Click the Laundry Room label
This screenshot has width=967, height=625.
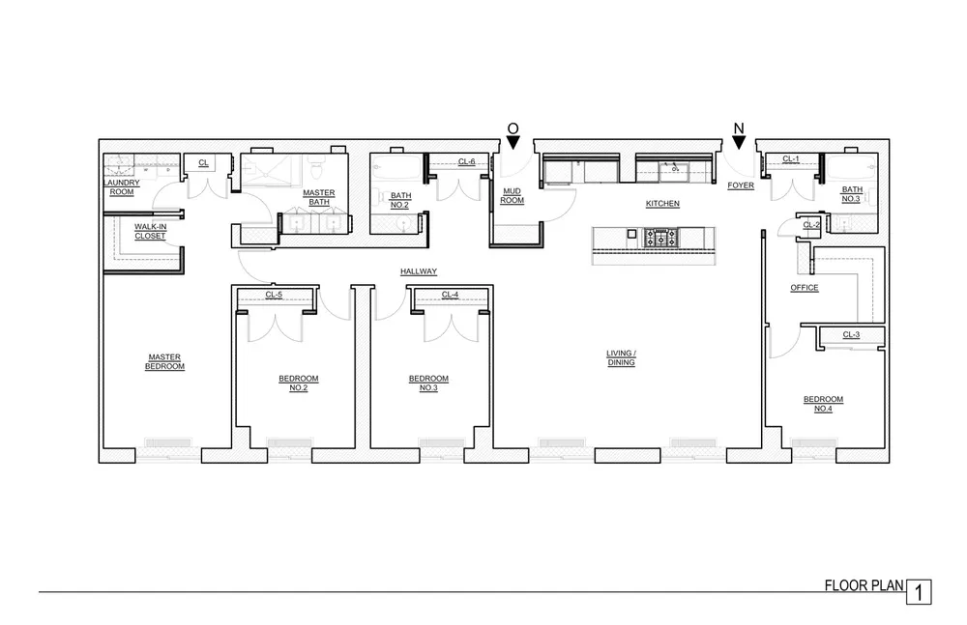122,186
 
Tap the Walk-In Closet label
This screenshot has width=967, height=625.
150,231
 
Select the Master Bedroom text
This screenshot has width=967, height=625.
165,361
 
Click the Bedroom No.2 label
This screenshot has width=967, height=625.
292,383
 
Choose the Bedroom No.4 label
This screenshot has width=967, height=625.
823,404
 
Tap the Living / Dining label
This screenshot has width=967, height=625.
620,358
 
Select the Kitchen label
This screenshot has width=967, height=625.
663,204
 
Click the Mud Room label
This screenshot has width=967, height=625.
513,196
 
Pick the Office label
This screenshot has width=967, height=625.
805,288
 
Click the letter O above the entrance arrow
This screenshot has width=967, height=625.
513,128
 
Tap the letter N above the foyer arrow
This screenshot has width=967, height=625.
739,128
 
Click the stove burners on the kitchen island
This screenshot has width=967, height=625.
661,236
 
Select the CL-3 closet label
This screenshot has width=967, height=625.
851,335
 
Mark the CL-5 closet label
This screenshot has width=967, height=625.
274,295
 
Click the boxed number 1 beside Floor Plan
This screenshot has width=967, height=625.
920,591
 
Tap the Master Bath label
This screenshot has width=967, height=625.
319,197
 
